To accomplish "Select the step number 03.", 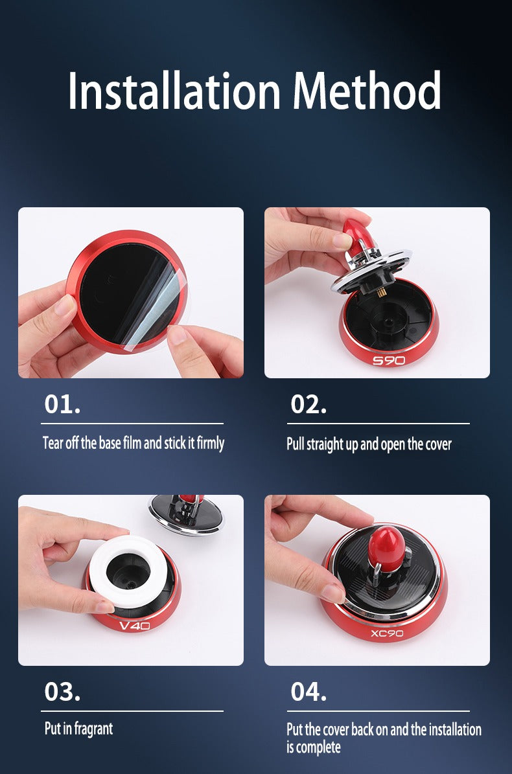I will click(62, 691).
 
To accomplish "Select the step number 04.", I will click(308, 691).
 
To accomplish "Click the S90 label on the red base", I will click(389, 359).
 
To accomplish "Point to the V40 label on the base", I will click(135, 626).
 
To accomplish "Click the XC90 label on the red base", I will click(387, 633).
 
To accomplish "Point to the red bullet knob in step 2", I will click(356, 234).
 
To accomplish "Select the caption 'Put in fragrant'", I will click(78, 728).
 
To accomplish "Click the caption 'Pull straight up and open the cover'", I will click(369, 444).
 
